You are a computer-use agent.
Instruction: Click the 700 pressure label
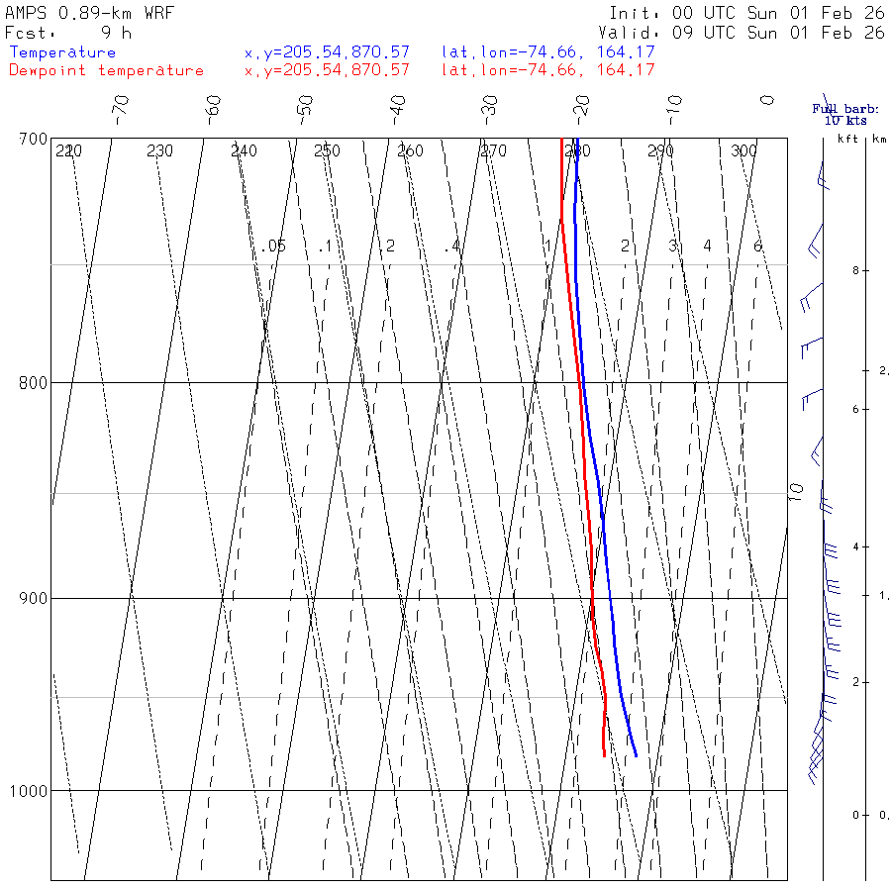34,139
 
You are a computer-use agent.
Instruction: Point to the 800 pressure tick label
34,382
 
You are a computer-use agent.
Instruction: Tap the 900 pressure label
34,598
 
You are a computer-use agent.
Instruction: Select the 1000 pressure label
29,791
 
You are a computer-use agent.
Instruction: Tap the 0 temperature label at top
766,100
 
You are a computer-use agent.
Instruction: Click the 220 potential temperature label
68,151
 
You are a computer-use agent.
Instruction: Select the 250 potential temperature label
327,151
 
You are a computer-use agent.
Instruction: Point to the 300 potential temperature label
743,151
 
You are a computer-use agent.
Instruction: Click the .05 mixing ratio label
274,246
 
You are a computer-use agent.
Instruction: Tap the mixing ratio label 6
757,246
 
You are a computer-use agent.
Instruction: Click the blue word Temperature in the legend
62,52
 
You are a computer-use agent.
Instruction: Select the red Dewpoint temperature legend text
106,70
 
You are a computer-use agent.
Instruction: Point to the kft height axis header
847,139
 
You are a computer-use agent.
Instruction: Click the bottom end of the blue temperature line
636,755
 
